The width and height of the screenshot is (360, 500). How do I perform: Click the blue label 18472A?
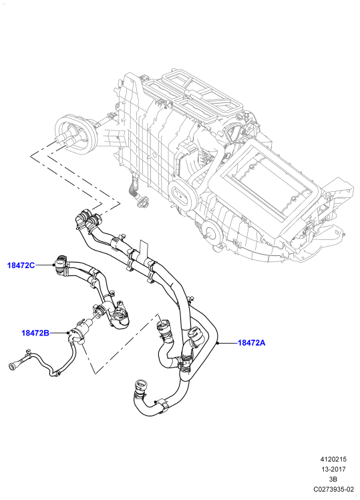coord(251,343)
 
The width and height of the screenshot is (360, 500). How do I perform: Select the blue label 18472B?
coord(35,334)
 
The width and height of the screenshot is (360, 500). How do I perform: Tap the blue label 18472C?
coord(21,265)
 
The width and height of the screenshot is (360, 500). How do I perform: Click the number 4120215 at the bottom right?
coord(333,459)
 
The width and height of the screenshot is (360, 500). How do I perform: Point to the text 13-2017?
coord(333,469)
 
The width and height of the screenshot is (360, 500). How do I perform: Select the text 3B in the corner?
coord(333,479)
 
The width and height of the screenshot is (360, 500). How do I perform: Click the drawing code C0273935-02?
coord(333,489)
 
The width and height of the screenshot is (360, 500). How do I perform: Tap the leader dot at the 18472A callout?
coord(217,343)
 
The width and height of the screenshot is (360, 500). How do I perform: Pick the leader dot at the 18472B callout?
coord(68,334)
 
